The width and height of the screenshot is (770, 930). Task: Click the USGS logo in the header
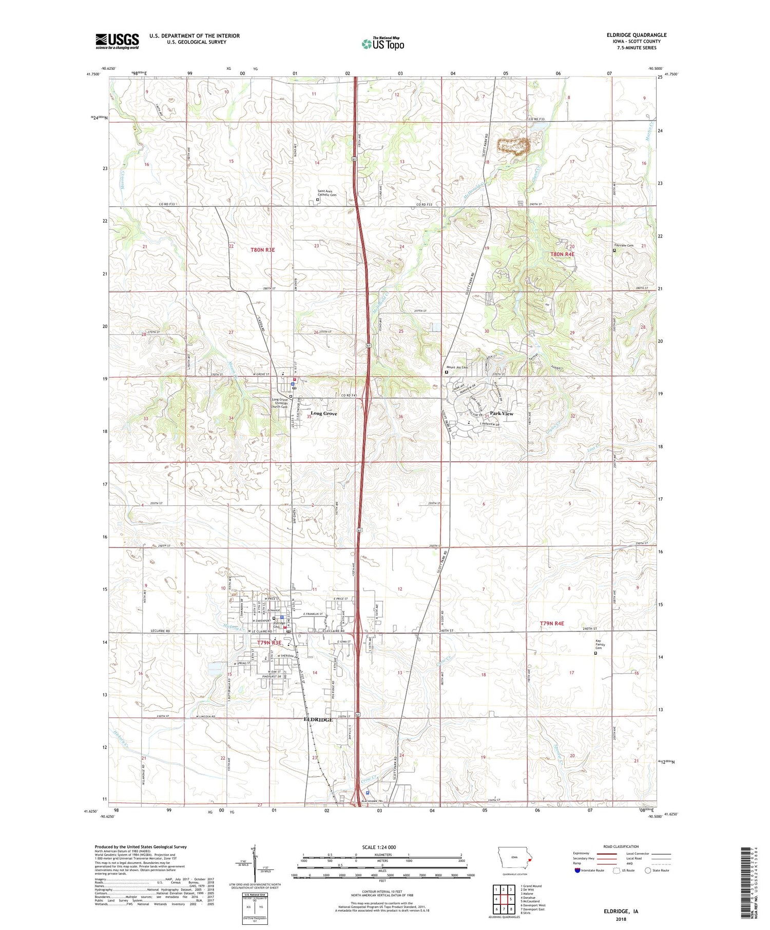[x=117, y=41]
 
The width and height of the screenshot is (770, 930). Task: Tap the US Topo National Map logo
[x=382, y=44]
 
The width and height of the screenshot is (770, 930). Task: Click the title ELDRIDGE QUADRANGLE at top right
[x=636, y=35]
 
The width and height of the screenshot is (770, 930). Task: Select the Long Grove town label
[x=324, y=413]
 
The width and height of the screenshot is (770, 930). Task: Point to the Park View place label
[x=502, y=413]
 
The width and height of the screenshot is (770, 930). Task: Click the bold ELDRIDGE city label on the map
[x=318, y=720]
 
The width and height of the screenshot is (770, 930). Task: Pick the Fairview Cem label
[x=624, y=245]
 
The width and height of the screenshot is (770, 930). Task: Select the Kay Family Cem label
[x=598, y=644]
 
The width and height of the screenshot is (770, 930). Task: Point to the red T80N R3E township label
[x=263, y=250]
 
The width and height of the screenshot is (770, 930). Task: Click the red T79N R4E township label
[x=552, y=623]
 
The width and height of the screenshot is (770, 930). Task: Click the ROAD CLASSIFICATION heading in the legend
[x=621, y=846]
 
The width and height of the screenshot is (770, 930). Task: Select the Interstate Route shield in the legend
[x=577, y=870]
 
